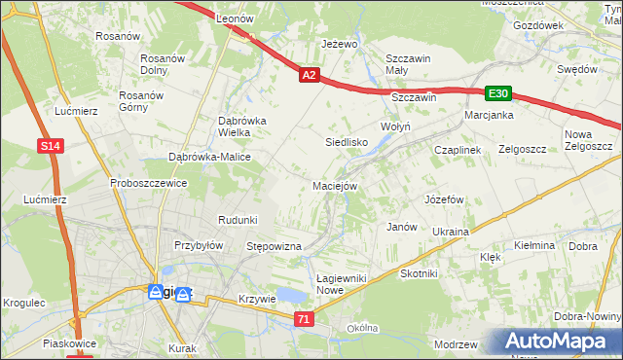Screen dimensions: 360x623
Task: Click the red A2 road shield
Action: click(309, 74)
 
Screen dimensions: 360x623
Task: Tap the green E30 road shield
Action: click(498, 93)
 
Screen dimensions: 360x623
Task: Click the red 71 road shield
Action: click(305, 319)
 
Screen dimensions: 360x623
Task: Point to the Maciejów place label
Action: click(336, 185)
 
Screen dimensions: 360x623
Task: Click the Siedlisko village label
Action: click(346, 142)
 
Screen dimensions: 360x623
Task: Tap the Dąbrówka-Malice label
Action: click(210, 157)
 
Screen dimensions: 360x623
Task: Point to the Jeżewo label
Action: click(341, 45)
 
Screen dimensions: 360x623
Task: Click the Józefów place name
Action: click(443, 198)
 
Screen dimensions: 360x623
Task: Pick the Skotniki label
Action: click(420, 274)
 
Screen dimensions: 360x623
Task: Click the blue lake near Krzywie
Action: click(290, 296)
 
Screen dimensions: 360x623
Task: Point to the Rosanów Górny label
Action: click(138, 101)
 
